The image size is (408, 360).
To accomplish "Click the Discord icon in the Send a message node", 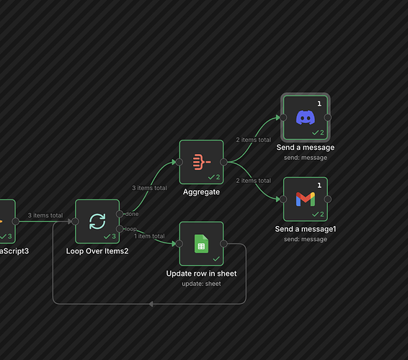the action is tap(306, 117).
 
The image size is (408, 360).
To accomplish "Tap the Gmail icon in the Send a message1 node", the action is tap(306, 199).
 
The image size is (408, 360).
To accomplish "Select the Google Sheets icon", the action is tap(201, 243).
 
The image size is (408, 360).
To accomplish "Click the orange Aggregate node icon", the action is tap(202, 162).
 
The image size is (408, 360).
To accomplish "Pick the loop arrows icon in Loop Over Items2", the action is tap(97, 222).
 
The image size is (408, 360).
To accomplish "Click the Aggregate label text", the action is tap(201, 192).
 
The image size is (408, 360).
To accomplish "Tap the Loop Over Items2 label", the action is tap(97, 251).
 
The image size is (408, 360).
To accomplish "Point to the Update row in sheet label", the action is tap(201, 274).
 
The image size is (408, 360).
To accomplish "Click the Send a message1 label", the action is tap(306, 229).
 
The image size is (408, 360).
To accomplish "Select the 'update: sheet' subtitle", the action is tap(201, 284).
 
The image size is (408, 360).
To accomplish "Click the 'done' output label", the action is tap(132, 214).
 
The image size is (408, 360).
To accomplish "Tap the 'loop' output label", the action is tap(130, 229).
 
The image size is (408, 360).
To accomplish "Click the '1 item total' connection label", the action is tap(149, 236).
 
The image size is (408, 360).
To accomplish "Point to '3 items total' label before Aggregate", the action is tap(149, 188).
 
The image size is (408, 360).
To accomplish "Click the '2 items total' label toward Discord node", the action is tap(254, 140).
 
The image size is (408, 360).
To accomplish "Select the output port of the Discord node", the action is tap(328, 117).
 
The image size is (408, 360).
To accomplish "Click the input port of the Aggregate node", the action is tap(179, 162).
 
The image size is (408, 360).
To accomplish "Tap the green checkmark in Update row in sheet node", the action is tap(216, 258).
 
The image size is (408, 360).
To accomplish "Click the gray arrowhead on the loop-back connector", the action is tap(151, 304).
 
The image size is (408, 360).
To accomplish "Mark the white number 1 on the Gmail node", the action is tap(319, 185).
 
